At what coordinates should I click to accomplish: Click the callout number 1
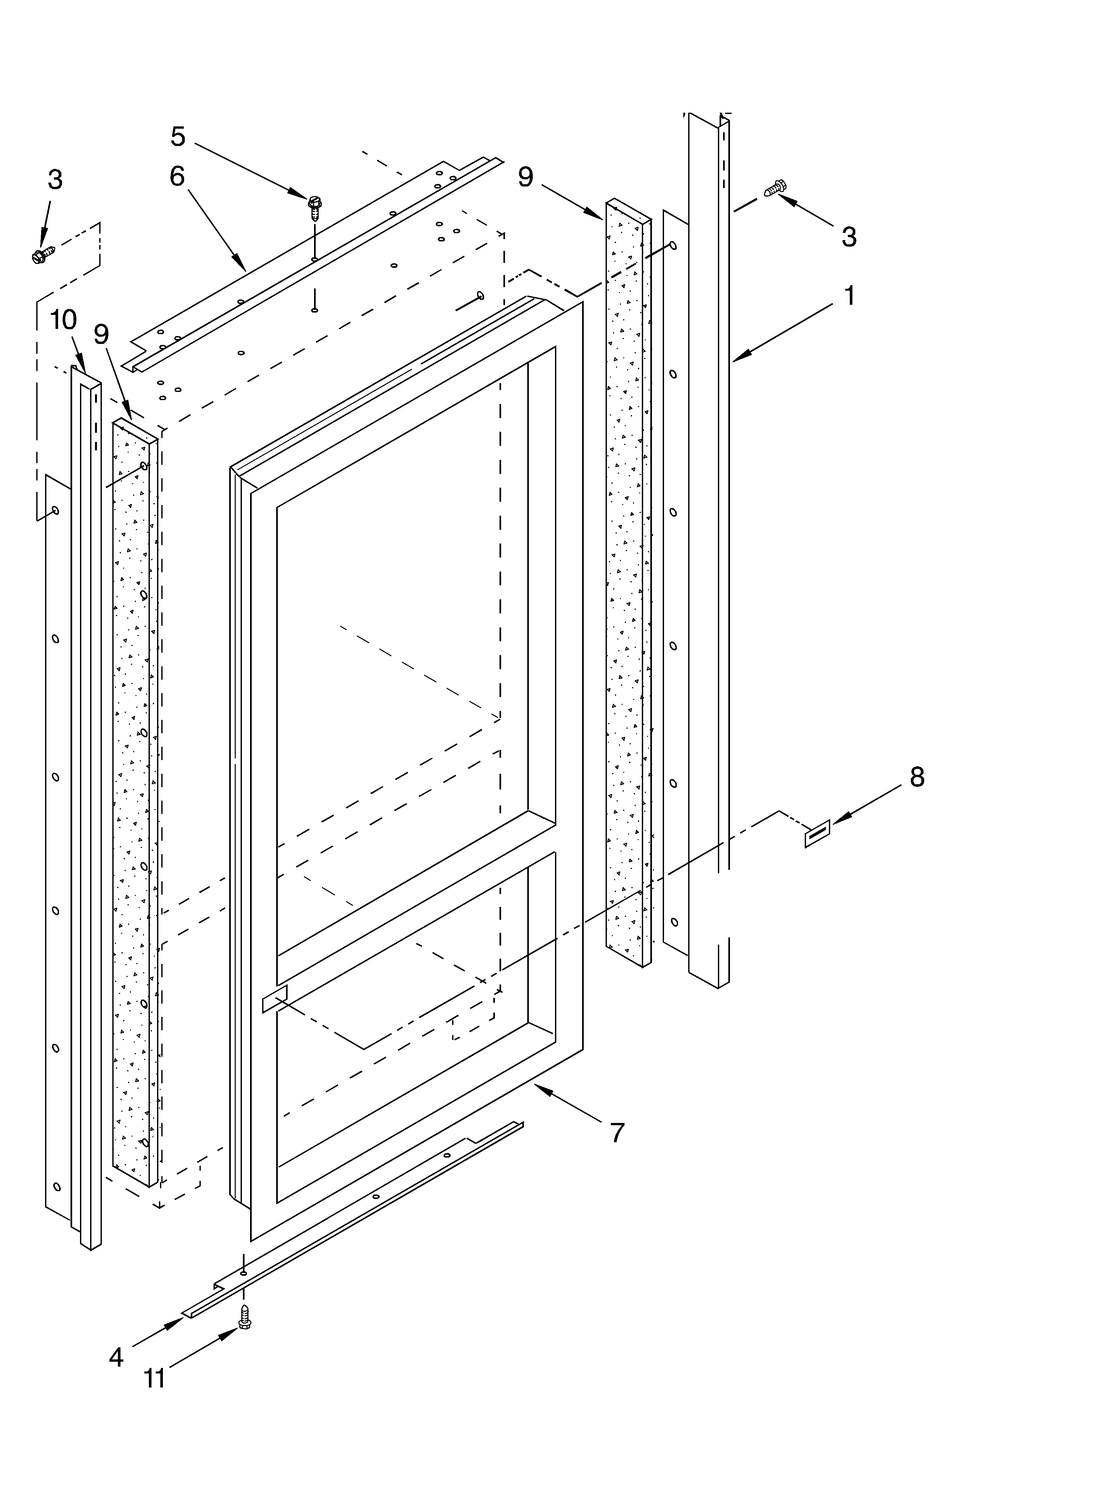(849, 295)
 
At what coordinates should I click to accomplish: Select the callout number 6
(177, 176)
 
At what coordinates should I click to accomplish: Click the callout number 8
(917, 777)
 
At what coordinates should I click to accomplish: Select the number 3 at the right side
(849, 236)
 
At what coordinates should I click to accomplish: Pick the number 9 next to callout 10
(101, 334)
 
